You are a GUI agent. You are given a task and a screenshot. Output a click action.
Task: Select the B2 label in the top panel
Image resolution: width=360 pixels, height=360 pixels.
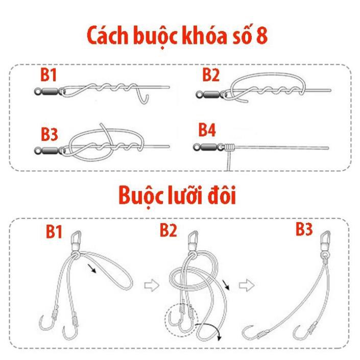tap(210, 75)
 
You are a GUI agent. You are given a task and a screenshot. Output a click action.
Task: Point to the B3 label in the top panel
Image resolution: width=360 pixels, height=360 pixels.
tap(50, 135)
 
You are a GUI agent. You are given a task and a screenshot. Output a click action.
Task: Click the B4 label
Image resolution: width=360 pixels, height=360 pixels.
tap(207, 131)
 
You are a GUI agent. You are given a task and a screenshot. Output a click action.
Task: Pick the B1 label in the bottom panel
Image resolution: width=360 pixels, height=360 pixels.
tap(55, 232)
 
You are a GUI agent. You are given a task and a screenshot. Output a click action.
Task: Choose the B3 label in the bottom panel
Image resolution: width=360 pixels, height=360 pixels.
tap(304, 229)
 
